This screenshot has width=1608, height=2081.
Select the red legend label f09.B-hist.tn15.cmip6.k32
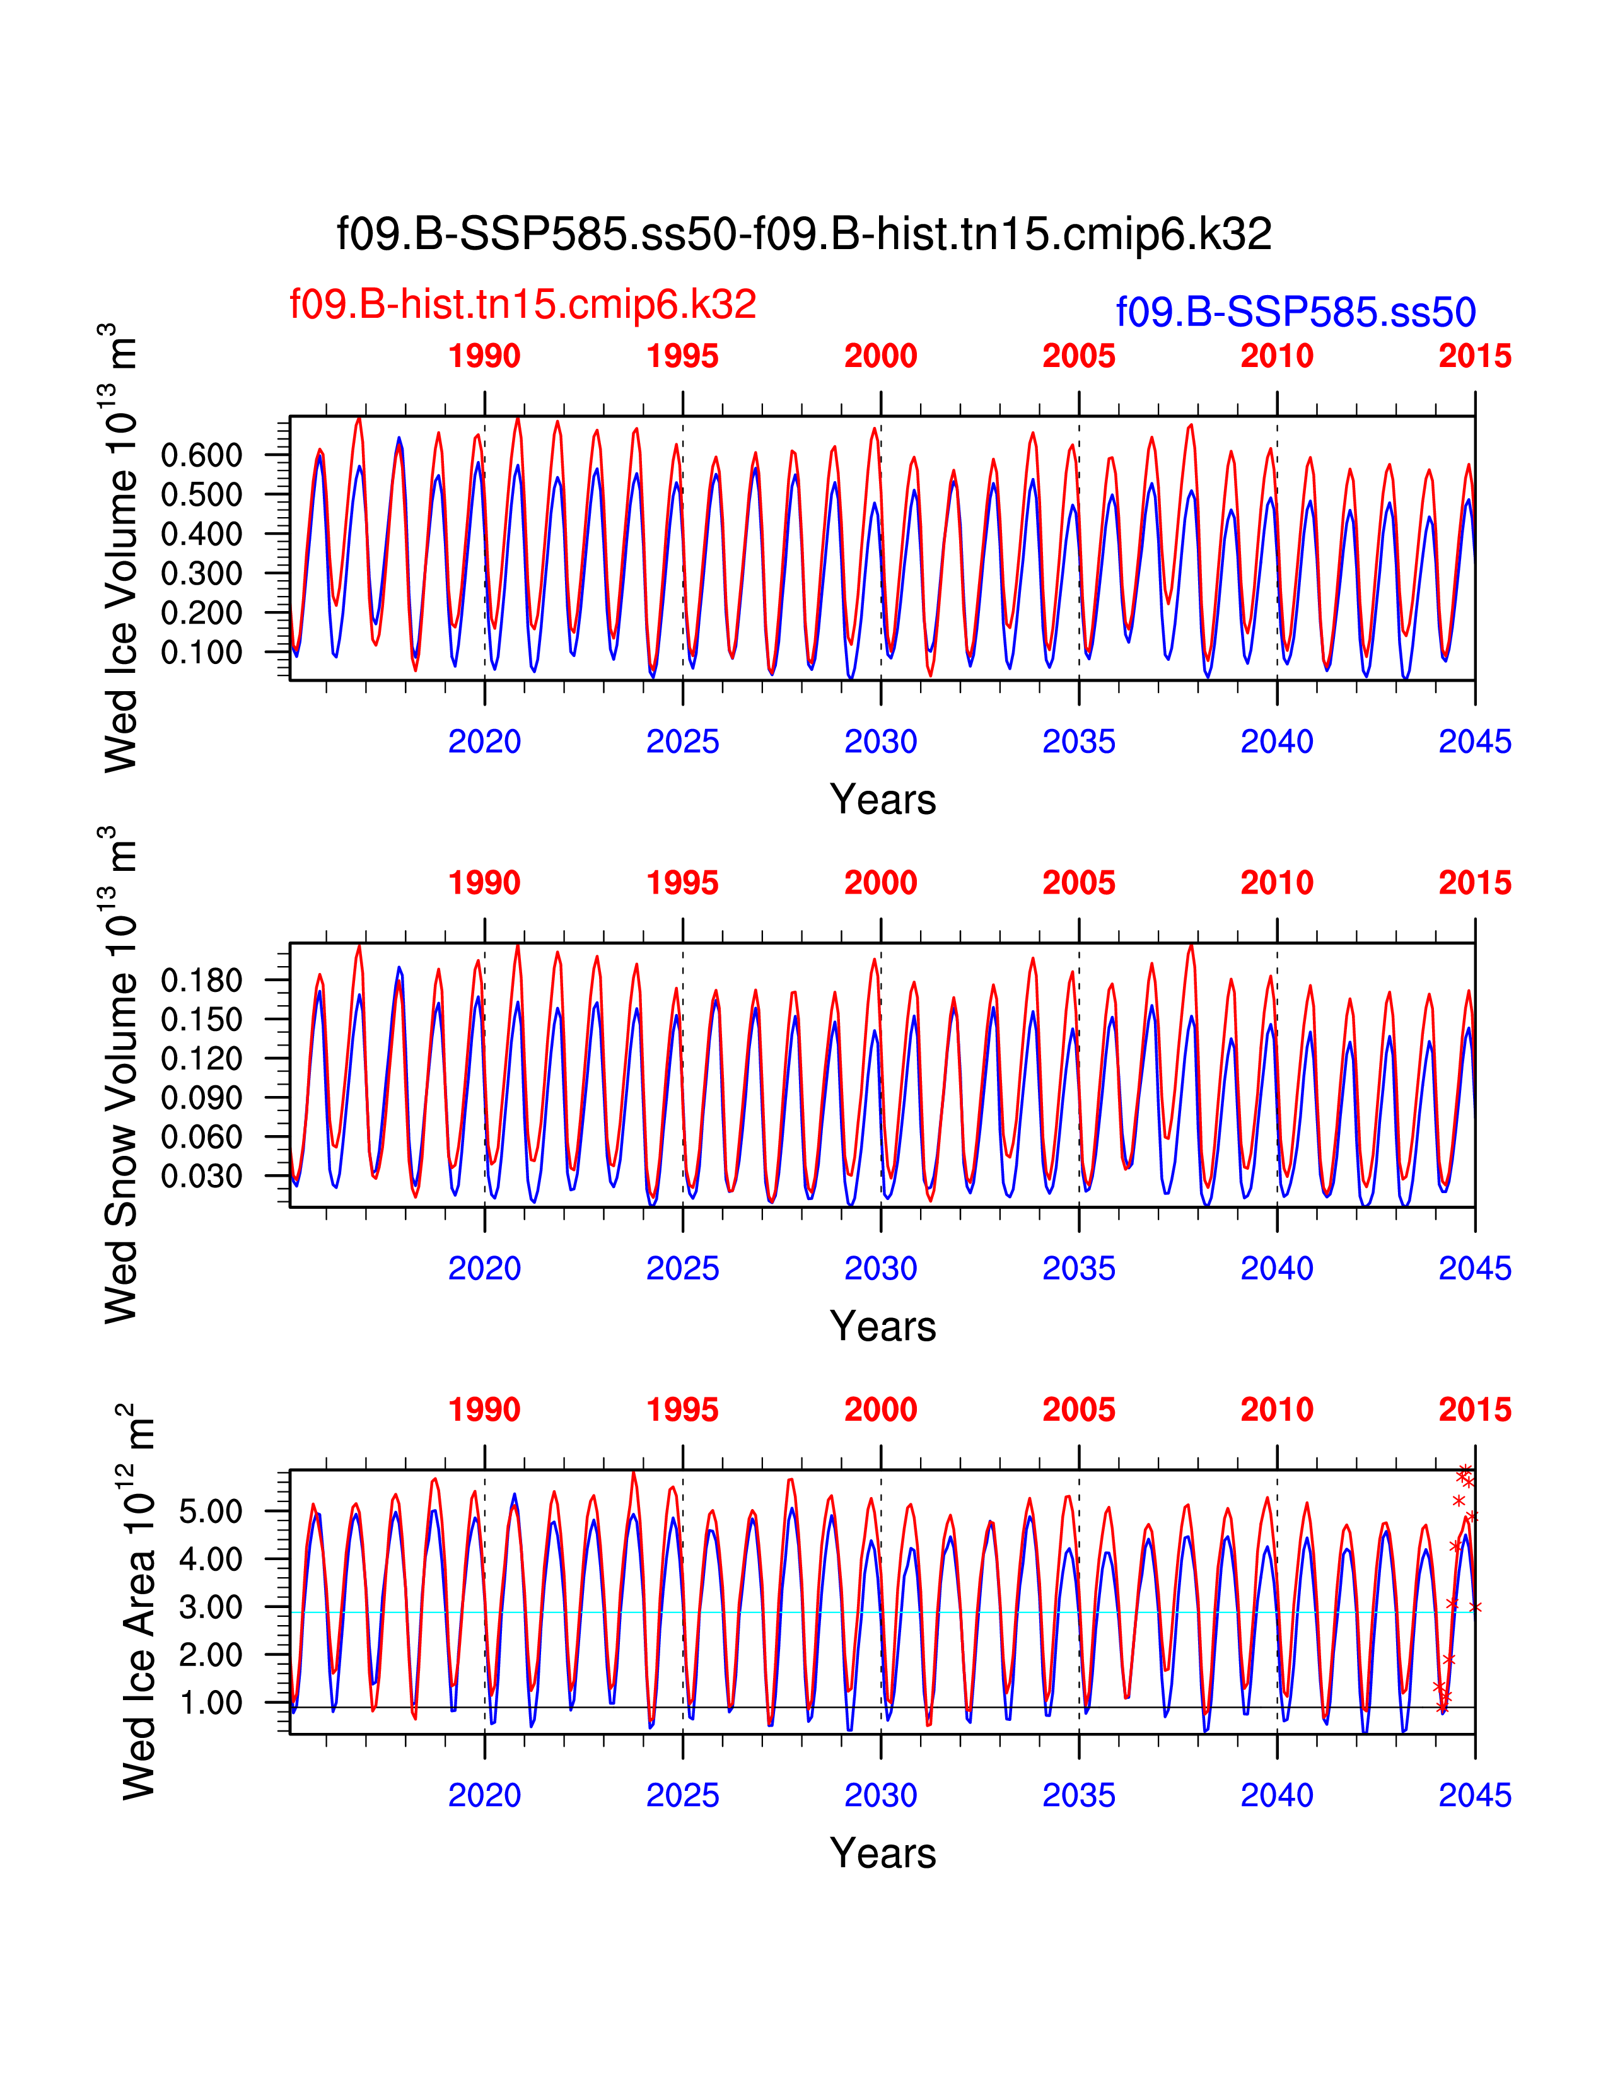click(522, 305)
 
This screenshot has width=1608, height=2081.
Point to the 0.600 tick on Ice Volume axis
click(201, 455)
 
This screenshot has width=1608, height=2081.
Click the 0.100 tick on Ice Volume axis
click(201, 653)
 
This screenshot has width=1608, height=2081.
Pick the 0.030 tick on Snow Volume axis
click(201, 1177)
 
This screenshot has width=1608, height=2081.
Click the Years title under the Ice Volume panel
click(882, 800)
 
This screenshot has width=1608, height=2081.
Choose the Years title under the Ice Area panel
click(882, 1853)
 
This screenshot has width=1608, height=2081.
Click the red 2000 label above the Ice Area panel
click(880, 1410)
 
